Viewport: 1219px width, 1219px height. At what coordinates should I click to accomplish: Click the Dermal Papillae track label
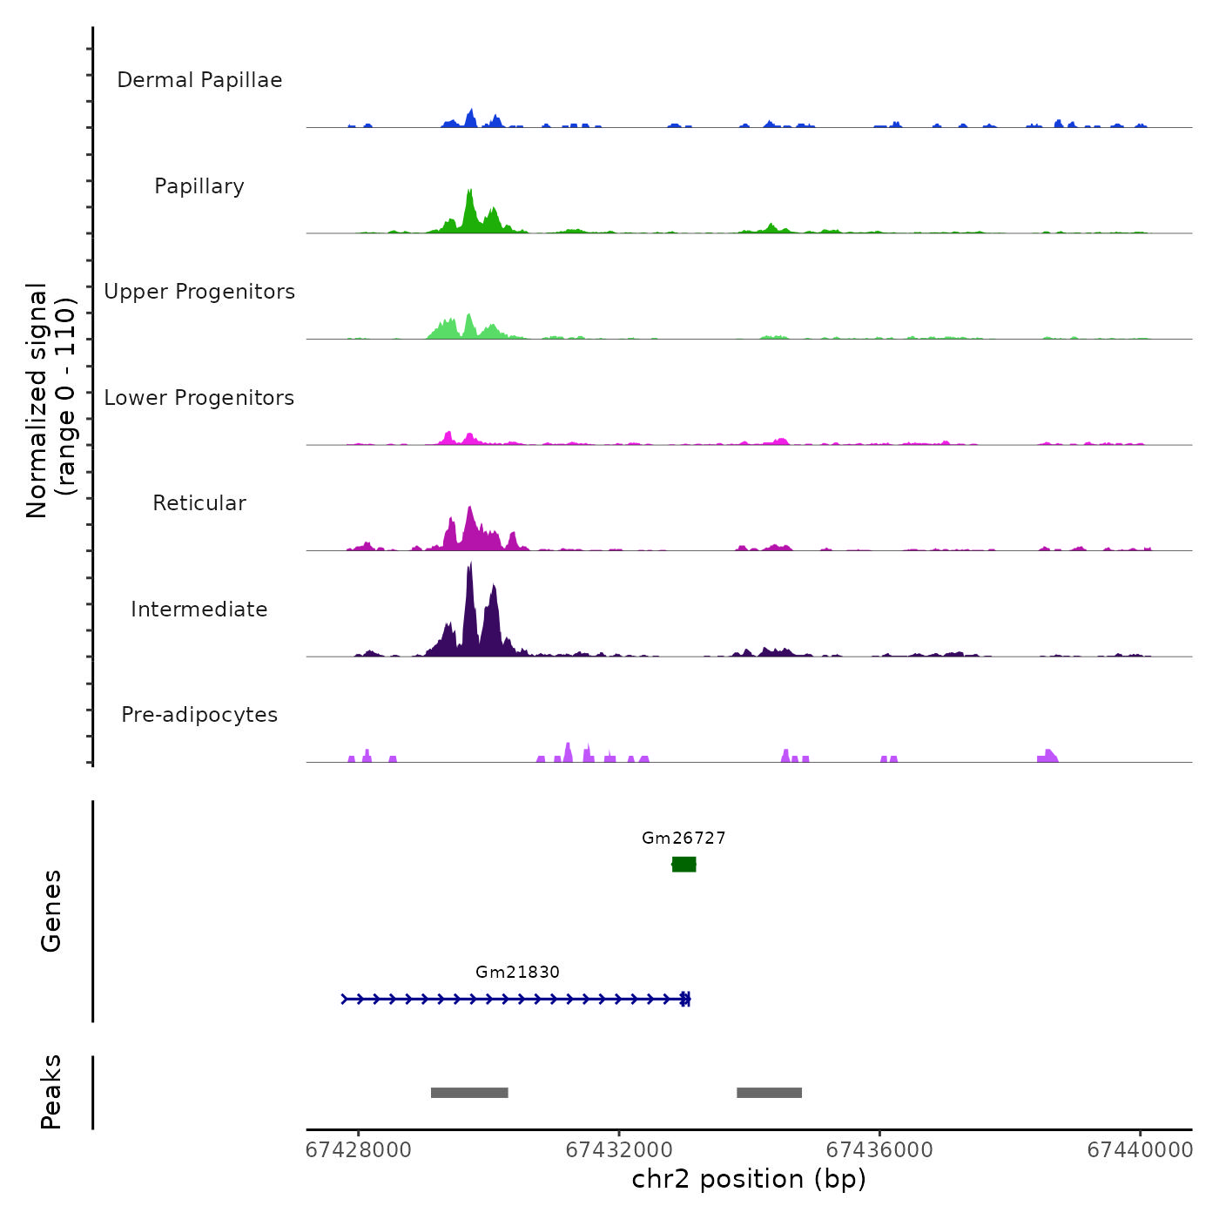coord(199,80)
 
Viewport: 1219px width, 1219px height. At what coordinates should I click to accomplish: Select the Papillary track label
coord(199,186)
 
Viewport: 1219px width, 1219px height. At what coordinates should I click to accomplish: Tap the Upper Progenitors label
coord(199,292)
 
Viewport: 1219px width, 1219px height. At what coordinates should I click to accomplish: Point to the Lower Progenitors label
coord(199,398)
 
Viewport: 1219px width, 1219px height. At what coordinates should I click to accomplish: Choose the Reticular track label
coord(199,503)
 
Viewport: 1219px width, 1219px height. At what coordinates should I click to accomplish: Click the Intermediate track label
coord(199,609)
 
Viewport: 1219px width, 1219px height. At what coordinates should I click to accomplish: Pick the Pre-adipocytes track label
coord(199,715)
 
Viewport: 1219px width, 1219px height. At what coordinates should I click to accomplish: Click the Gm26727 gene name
coord(684,838)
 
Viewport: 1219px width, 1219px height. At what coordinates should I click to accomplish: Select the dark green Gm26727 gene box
coord(684,864)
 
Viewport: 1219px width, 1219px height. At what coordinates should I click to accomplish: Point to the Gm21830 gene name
coord(517,973)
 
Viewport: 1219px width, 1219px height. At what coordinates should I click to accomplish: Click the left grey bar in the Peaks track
coord(469,1093)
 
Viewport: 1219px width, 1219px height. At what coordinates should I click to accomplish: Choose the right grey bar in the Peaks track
coord(769,1093)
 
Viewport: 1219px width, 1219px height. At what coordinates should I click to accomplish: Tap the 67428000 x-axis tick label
coord(358,1150)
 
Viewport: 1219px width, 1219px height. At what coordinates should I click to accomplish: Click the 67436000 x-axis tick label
coord(879,1150)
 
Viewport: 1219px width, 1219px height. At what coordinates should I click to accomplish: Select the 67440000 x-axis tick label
coord(1140,1150)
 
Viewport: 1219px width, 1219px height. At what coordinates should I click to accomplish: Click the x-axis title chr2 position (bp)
coord(749,1179)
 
